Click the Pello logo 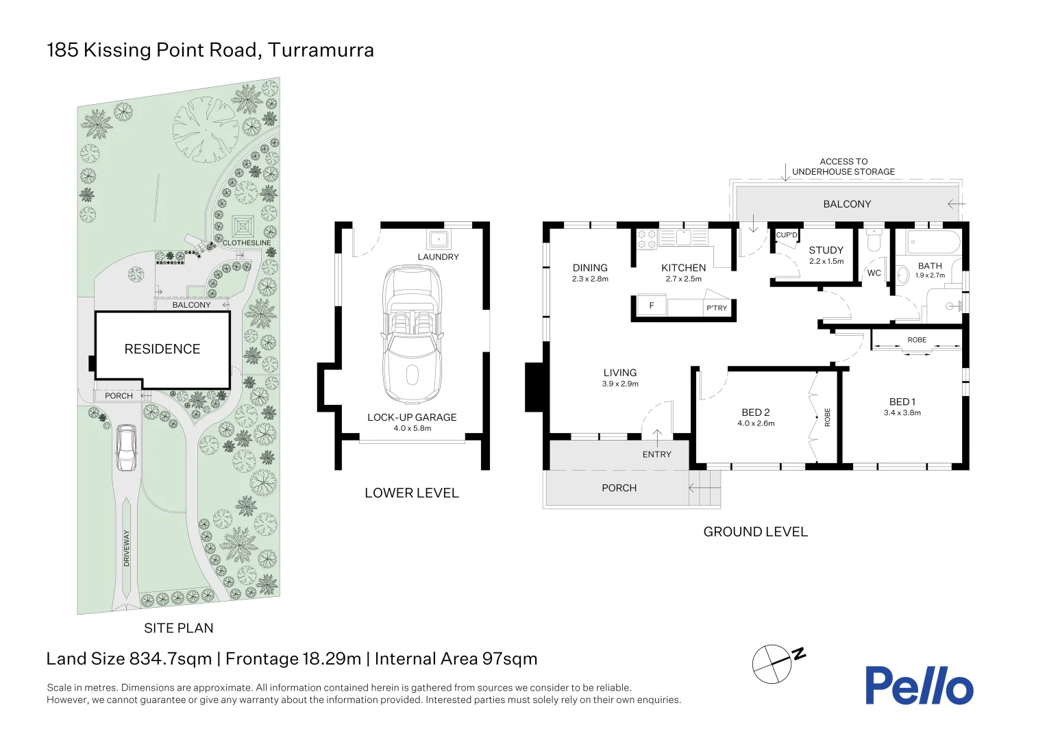pyautogui.click(x=918, y=685)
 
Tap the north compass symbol pyautogui.click(x=773, y=663)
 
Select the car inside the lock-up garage pyautogui.click(x=412, y=334)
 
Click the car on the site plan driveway pyautogui.click(x=126, y=447)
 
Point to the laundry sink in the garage pyautogui.click(x=438, y=239)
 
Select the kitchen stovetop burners pyautogui.click(x=648, y=239)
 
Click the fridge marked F pyautogui.click(x=652, y=306)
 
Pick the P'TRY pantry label pyautogui.click(x=717, y=308)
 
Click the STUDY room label pyautogui.click(x=826, y=250)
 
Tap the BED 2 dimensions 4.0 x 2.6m pyautogui.click(x=756, y=423)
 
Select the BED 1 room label pyautogui.click(x=902, y=402)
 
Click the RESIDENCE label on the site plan pyautogui.click(x=162, y=349)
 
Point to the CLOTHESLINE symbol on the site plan pyautogui.click(x=243, y=227)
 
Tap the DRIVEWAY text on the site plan pyautogui.click(x=127, y=548)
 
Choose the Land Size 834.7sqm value pyautogui.click(x=171, y=658)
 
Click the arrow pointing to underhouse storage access pyautogui.click(x=786, y=172)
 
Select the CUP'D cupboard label pyautogui.click(x=786, y=235)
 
